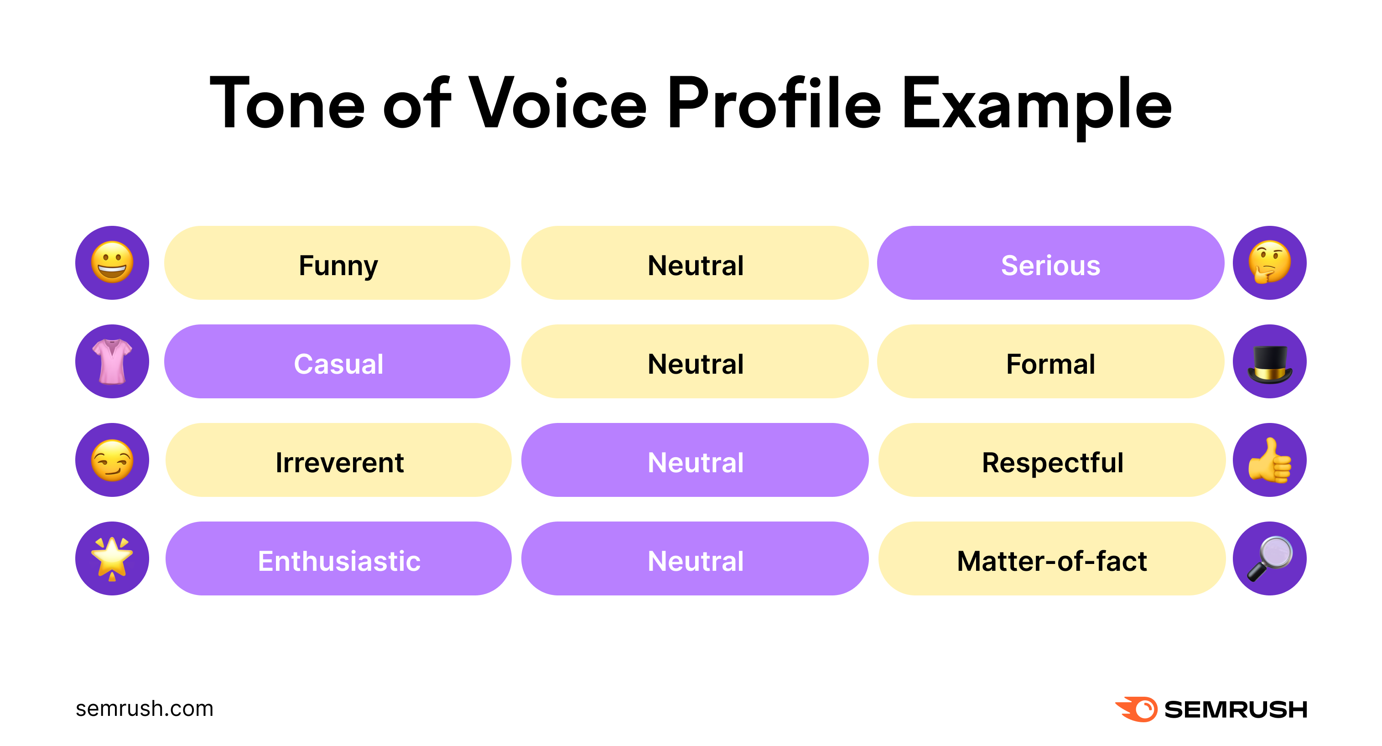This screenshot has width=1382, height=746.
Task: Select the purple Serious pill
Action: coord(1050,263)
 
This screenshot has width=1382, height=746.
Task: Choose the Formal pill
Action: coord(1050,361)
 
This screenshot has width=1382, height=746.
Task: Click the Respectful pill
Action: coord(1051,460)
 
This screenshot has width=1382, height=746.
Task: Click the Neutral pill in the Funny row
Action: coord(695,263)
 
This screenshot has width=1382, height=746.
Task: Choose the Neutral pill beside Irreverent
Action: coord(695,460)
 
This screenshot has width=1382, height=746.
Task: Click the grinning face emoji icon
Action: coord(112,263)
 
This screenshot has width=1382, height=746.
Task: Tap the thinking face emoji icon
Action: coord(1269,263)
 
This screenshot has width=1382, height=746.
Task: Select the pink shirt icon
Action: coord(112,361)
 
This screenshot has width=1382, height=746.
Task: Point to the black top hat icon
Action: coord(1269,361)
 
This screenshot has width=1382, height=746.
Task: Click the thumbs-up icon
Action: coord(1269,460)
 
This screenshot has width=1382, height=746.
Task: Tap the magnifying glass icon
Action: coord(1269,558)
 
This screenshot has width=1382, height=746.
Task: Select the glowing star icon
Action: coord(112,558)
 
